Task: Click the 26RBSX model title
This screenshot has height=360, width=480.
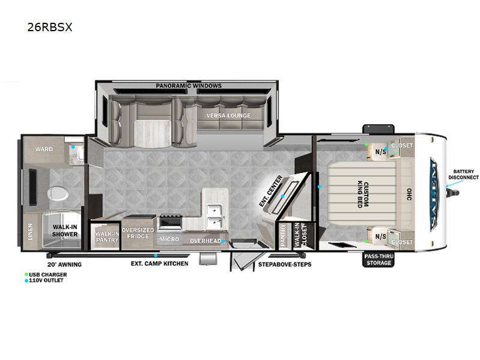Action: point(50,27)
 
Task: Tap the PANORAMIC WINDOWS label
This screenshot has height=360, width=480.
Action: point(188,86)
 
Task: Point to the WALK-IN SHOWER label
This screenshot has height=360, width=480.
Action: point(64,230)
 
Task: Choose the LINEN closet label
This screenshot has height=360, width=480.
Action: point(30,231)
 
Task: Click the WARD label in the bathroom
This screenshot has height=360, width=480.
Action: point(43,149)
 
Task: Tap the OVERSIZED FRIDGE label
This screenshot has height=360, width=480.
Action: point(138,233)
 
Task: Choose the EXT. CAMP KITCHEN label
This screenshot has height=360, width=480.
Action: point(160,263)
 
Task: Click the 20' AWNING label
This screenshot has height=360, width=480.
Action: point(64,264)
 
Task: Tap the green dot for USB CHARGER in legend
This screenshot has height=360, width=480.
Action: point(26,274)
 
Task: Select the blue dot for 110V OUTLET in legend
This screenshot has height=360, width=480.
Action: point(26,280)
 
